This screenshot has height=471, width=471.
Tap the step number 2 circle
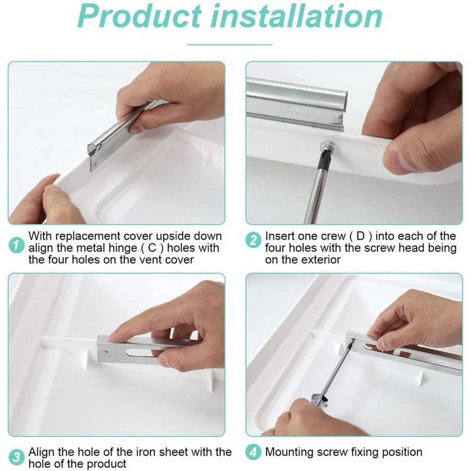(253, 241)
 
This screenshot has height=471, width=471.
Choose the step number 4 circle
(253, 452)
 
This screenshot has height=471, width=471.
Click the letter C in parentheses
(152, 248)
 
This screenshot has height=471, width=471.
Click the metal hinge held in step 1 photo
(112, 135)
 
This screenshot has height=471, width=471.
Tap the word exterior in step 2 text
(322, 260)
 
